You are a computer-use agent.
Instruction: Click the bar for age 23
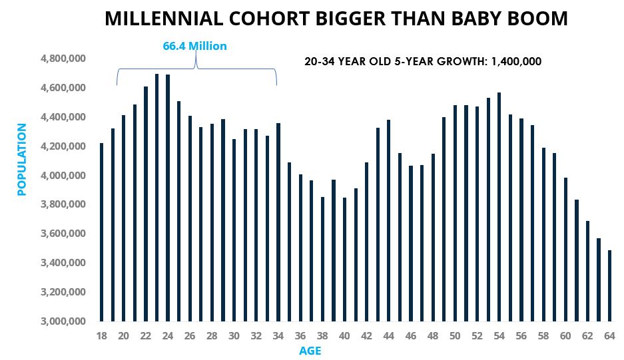[156, 198]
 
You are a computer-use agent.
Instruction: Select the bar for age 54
[499, 207]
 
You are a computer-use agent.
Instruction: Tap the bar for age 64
[609, 285]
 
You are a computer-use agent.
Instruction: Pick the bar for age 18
[101, 232]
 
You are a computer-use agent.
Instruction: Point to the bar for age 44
[388, 220]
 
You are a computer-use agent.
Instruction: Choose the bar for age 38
[322, 259]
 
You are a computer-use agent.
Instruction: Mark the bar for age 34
[278, 222]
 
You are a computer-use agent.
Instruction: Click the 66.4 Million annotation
[194, 46]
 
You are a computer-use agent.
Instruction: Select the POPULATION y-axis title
[22, 159]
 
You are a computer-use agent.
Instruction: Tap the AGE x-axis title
[310, 351]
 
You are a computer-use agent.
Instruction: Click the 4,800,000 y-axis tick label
[63, 59]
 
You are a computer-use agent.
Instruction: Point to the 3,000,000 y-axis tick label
[63, 321]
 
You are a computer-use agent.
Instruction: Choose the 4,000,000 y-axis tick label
[63, 176]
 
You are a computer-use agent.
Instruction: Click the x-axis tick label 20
[123, 336]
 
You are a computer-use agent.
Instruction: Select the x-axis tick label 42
[366, 336]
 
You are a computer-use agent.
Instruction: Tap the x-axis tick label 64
[609, 336]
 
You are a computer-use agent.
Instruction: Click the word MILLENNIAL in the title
[164, 19]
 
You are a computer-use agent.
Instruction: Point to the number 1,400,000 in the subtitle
[516, 61]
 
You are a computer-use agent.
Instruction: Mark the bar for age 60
[565, 250]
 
